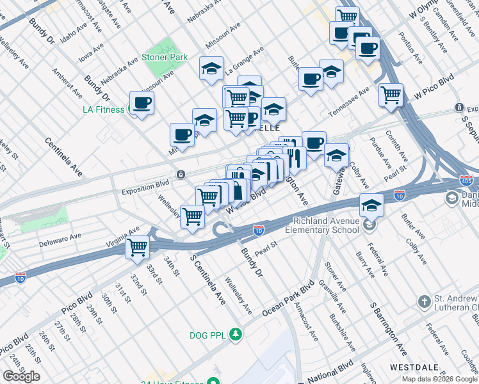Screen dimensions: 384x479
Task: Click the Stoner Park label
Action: [165, 57]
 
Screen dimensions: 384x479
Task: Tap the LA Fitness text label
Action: [103, 109]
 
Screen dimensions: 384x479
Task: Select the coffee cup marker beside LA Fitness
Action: [142, 103]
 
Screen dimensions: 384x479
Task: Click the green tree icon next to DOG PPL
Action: [236, 334]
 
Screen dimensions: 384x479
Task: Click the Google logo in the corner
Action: [21, 376]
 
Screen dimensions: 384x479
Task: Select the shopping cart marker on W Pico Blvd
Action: [390, 95]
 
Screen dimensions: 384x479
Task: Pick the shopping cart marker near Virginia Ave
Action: [138, 247]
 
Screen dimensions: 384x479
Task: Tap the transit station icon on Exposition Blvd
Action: [181, 175]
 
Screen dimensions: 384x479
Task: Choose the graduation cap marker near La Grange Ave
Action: [211, 70]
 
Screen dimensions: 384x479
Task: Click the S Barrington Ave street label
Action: [388, 330]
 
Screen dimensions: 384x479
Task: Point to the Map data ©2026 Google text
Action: [439, 379]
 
